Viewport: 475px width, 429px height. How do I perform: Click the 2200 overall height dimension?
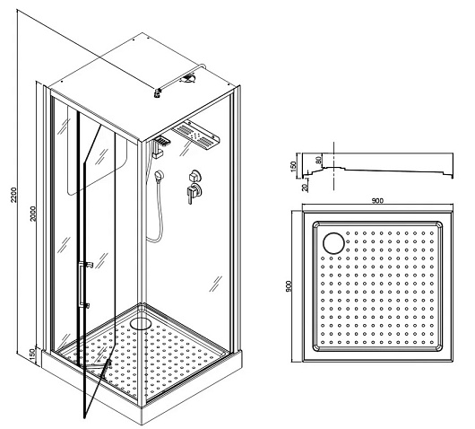pos(13,195)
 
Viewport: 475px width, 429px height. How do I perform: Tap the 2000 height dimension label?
pos(33,214)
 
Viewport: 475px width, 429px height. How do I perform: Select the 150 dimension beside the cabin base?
pos(32,354)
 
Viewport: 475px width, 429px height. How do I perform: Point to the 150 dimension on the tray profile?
pos(293,167)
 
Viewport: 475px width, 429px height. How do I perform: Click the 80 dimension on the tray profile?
pos(318,160)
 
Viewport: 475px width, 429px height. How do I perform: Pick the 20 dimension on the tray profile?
pos(305,187)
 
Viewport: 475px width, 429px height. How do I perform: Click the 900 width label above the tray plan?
pos(377,200)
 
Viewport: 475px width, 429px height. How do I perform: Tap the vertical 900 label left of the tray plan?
pos(289,285)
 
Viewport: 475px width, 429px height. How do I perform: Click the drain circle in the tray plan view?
pos(333,243)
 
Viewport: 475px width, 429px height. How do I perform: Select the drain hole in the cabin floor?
pos(141,323)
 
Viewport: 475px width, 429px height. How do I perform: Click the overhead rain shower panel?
pos(195,136)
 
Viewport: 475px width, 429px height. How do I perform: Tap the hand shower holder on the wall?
pos(159,175)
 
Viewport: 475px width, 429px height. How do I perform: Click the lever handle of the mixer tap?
pos(190,195)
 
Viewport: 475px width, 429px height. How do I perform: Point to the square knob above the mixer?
pos(194,176)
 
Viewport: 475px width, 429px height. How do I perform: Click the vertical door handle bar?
pos(80,284)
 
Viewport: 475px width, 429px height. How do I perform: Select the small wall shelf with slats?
pos(162,142)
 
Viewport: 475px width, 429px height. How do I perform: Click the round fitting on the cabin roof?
pos(188,79)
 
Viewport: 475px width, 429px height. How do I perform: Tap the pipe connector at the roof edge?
pos(157,92)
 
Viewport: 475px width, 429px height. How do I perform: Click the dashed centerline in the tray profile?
pos(333,166)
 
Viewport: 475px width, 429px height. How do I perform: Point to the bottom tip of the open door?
pos(84,418)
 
